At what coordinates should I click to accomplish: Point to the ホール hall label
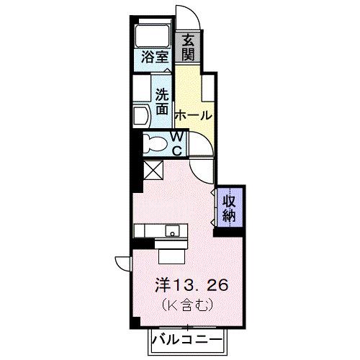193,115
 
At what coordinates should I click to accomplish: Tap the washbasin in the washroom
141,113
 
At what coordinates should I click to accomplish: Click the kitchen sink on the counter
173,231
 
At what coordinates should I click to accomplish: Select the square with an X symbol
153,171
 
